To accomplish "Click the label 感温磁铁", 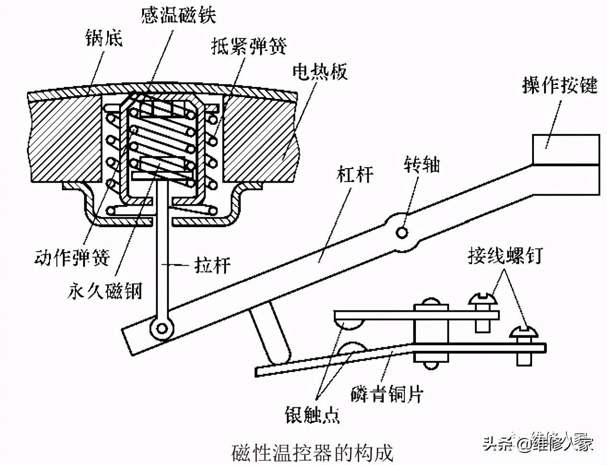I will click(x=179, y=14).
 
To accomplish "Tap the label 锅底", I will click(x=104, y=37).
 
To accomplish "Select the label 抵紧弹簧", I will click(x=249, y=46).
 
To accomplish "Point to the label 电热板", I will click(x=320, y=72).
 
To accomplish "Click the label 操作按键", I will click(x=560, y=86).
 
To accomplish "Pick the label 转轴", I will click(x=421, y=165).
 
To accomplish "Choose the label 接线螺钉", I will click(x=505, y=255).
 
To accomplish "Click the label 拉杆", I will click(x=212, y=265).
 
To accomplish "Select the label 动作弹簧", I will click(x=72, y=257).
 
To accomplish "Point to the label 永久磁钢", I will click(x=105, y=291).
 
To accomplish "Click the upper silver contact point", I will click(x=349, y=325).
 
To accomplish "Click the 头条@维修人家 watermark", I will click(x=538, y=441).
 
